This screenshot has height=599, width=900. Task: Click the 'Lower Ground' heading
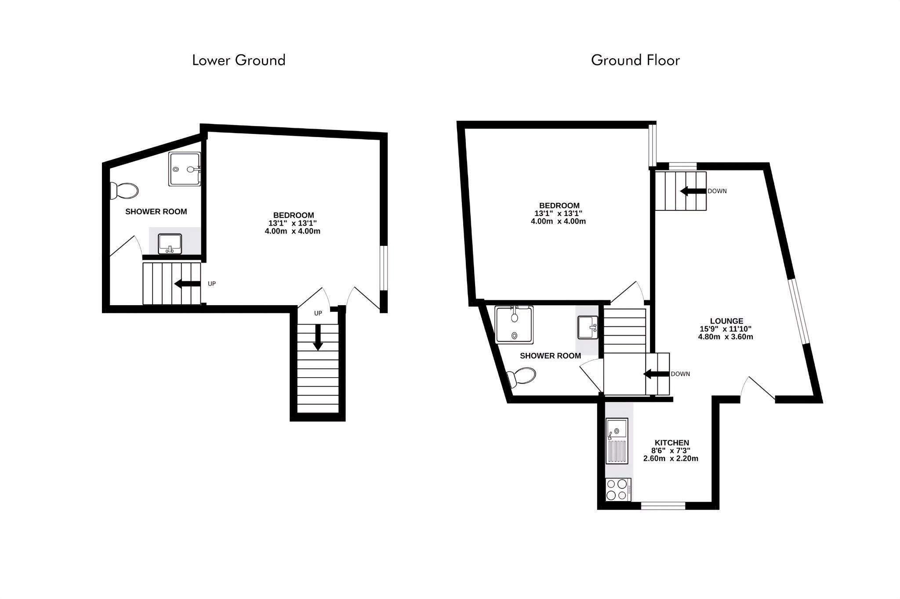(x=239, y=60)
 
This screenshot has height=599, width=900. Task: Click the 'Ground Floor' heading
(x=635, y=60)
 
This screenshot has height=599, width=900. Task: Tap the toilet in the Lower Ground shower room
(x=124, y=191)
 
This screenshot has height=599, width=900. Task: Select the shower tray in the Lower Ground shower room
(x=185, y=169)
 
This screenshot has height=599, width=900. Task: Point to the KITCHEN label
(x=671, y=443)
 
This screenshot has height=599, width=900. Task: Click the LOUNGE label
(x=726, y=321)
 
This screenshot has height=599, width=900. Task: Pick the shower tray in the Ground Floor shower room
(x=514, y=325)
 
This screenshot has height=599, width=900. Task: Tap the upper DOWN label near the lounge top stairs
(x=717, y=191)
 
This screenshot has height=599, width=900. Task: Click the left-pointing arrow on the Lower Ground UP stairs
(x=188, y=284)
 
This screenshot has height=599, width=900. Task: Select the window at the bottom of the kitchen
(x=663, y=506)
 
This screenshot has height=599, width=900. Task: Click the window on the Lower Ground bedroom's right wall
(x=384, y=268)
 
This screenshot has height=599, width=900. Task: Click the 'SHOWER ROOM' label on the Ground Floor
(x=550, y=356)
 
